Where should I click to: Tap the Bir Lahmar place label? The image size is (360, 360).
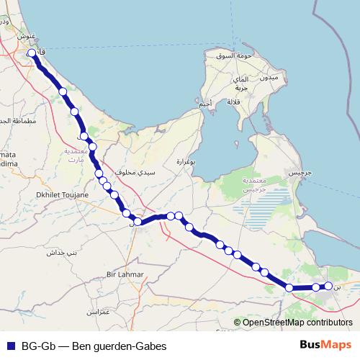125,274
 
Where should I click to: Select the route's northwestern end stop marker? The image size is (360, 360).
32,53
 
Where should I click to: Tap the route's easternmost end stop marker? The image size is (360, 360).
329,286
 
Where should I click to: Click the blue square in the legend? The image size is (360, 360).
10,346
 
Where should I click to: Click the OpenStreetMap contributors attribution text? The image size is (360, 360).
293,323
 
